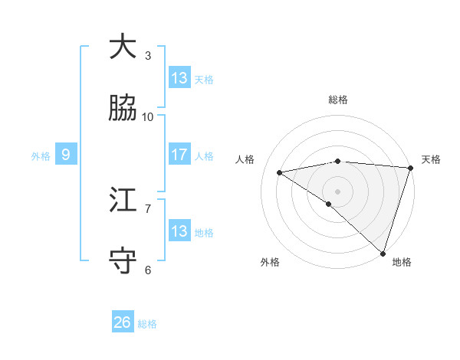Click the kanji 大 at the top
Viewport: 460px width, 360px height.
123,47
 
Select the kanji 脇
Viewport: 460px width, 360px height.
123,109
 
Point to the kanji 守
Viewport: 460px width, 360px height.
123,261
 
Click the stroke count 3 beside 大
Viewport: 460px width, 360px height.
148,55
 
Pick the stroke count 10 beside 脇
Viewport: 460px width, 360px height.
148,116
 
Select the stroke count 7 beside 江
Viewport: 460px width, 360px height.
148,208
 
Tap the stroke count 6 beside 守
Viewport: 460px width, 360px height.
148,270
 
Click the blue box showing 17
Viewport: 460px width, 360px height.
179,155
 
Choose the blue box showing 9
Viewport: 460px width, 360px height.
66,155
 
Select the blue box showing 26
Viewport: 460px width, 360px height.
123,322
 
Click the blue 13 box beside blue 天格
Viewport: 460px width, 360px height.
179,77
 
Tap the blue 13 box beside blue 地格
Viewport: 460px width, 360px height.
179,231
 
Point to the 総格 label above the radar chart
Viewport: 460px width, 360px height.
338,100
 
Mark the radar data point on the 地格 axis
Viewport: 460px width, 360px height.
383,254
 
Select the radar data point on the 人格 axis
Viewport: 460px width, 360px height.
280,172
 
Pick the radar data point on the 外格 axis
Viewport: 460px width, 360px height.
328,204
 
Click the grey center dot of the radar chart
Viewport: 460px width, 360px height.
337,191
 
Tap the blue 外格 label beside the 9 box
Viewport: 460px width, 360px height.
41,155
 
